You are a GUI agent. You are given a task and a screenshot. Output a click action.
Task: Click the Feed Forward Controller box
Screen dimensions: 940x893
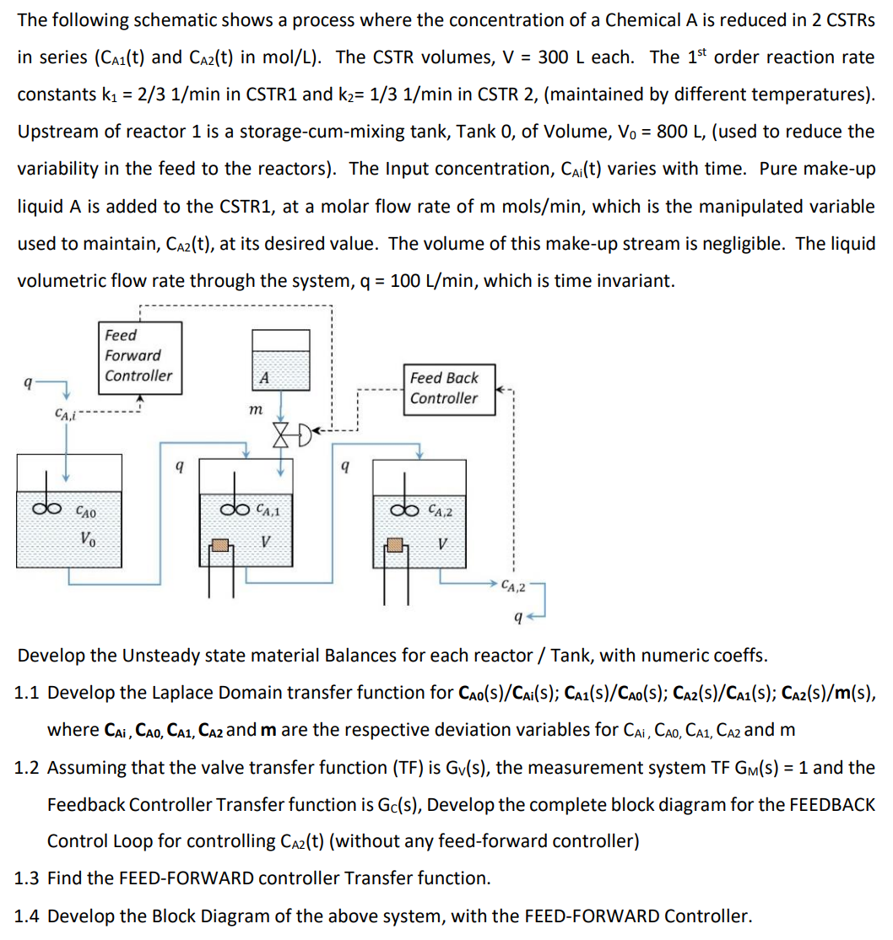138,355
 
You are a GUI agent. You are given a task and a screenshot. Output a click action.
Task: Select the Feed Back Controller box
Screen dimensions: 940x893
444,387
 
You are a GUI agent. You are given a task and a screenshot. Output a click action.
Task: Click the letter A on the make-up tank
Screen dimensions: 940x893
263,378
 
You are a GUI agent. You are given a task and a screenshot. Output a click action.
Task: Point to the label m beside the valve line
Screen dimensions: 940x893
253,410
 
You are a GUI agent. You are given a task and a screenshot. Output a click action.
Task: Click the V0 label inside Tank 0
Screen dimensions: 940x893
87,538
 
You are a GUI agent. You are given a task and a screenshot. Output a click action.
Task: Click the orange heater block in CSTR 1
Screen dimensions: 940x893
222,546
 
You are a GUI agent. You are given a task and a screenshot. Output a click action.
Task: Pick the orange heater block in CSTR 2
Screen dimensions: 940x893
395,546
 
